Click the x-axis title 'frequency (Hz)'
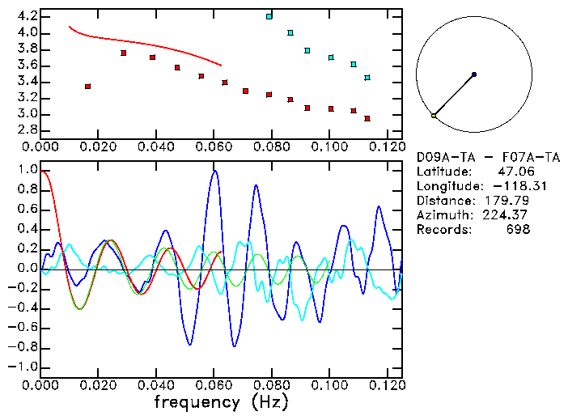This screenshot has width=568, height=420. pos(221,401)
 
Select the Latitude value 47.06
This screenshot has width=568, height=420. pos(515,172)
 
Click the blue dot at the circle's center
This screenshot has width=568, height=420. pos(474,74)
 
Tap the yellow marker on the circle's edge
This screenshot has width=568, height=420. pos(434,116)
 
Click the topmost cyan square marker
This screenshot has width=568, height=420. pos(269,16)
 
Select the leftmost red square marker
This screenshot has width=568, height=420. pos(87,86)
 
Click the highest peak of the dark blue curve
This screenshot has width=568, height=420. pos(214,171)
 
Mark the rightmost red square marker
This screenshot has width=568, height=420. pos(367,118)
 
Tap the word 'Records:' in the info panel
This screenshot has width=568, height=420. pos(443,230)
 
